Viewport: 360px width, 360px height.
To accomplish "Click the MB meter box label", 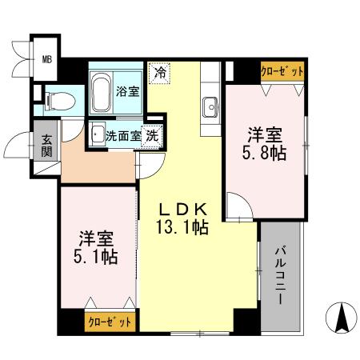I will tap(47, 58).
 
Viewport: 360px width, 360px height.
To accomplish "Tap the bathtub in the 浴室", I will tap(102, 92).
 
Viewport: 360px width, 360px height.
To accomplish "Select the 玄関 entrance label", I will tap(47, 147).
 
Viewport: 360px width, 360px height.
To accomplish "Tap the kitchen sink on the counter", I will tap(212, 104).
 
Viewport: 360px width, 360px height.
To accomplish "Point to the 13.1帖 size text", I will tap(182, 226).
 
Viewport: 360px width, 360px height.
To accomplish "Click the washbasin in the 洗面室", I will tap(96, 134).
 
